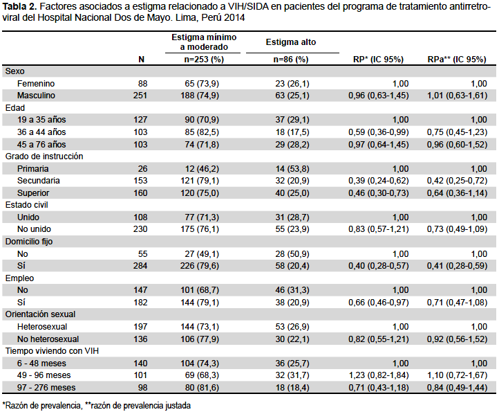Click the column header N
(x=141, y=60)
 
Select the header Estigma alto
(x=291, y=42)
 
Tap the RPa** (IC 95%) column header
(x=457, y=60)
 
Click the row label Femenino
(x=36, y=84)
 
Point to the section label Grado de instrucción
(x=44, y=156)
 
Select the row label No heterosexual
(x=48, y=339)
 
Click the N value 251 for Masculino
(x=140, y=96)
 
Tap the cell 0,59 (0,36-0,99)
(x=378, y=132)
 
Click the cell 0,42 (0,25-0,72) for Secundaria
(x=457, y=181)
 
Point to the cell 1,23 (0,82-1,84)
(x=379, y=375)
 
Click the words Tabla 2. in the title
(x=19, y=7)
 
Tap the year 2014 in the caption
(x=234, y=17)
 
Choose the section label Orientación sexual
(x=40, y=314)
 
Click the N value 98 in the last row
(x=142, y=388)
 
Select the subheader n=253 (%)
(x=204, y=60)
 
